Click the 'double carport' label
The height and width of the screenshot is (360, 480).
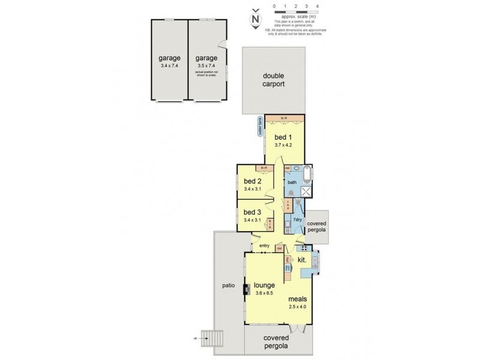[274, 80]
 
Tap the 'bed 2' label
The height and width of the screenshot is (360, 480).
[253, 181]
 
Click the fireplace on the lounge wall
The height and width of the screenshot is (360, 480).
[246, 289]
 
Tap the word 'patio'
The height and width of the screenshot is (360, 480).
[228, 286]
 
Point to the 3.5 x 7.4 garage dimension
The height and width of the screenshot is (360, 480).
[205, 66]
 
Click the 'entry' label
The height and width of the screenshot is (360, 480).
[264, 245]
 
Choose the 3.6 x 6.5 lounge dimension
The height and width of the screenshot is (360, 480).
[264, 293]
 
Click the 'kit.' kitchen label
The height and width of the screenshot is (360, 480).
[302, 260]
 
